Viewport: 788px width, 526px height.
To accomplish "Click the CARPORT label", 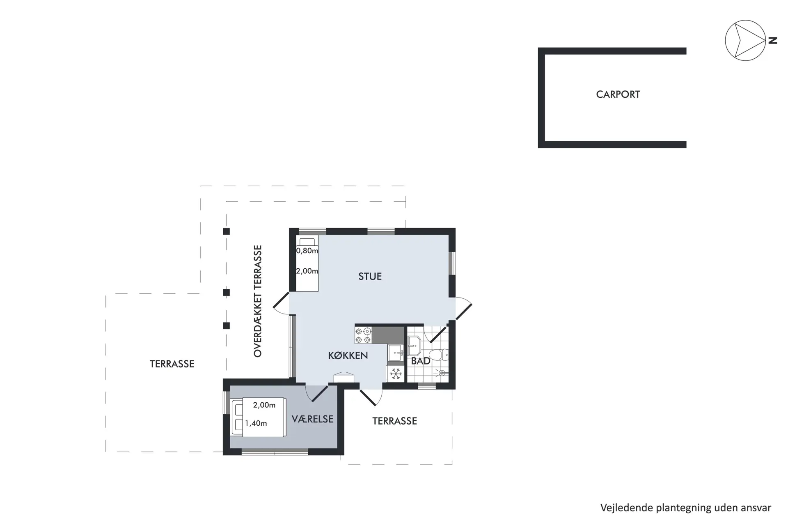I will coord(618,95).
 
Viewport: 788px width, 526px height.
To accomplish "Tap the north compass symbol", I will coord(745,41).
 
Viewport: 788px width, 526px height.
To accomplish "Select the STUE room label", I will coord(370,277).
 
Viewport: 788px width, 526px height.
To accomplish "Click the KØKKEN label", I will coord(348,356).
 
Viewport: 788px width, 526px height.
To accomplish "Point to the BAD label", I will coord(420,361).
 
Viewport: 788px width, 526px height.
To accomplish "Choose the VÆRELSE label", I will coord(312,419).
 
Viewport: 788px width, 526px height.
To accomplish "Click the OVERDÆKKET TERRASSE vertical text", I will coord(258,301).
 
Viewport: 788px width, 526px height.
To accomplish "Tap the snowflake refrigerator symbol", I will coord(396,374).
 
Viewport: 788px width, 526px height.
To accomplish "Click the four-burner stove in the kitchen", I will coord(363,335).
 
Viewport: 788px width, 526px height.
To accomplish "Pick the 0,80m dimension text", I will coord(307,251).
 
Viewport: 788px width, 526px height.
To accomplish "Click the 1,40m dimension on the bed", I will coord(256,423).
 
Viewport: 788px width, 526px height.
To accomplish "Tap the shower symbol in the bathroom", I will coord(442,373).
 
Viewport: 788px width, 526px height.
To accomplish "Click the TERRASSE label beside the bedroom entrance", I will coord(394,421).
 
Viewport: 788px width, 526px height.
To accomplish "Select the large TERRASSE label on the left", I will coord(172,364).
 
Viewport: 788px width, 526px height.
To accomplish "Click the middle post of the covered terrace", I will coord(226,293).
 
